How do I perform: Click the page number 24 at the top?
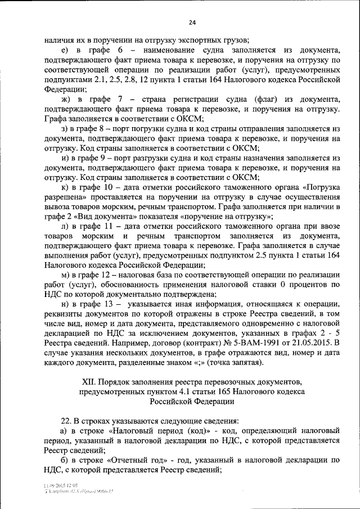192,22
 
